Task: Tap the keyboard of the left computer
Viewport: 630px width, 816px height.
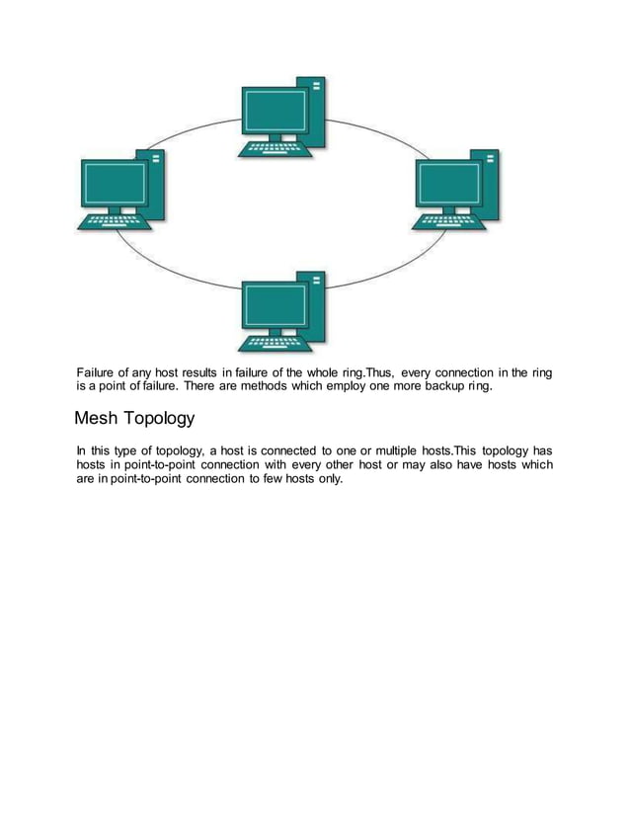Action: click(x=115, y=223)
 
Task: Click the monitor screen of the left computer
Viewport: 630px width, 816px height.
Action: click(x=110, y=182)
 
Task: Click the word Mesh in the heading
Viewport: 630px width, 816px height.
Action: click(x=98, y=418)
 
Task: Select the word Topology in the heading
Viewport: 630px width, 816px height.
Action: click(x=159, y=419)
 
